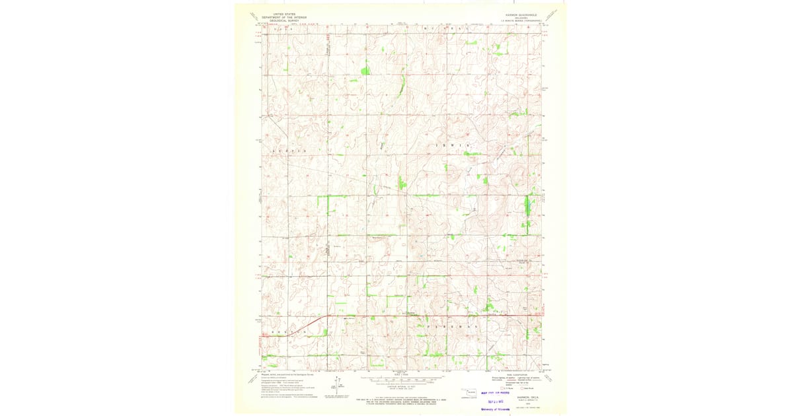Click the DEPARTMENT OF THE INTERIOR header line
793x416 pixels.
pos(283,17)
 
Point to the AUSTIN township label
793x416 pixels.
pos(288,151)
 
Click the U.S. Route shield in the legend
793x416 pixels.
pos(507,388)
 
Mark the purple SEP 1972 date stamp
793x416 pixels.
pos(496,401)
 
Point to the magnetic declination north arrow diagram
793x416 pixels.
pos(338,383)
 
